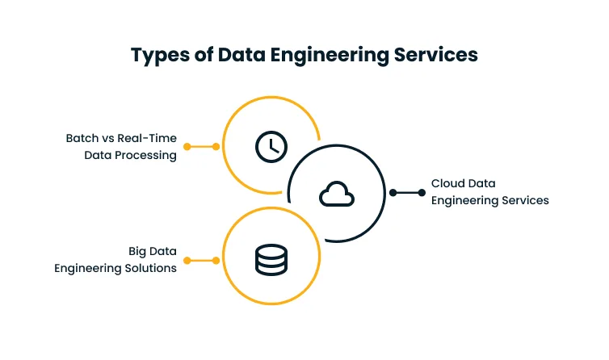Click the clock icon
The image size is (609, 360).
[x=271, y=146]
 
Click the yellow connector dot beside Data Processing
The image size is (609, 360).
[x=187, y=147]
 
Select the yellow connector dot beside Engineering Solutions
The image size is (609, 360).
[x=187, y=260]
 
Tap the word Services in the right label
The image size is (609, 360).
[x=523, y=200]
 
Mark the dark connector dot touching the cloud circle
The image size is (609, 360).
[x=393, y=192]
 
